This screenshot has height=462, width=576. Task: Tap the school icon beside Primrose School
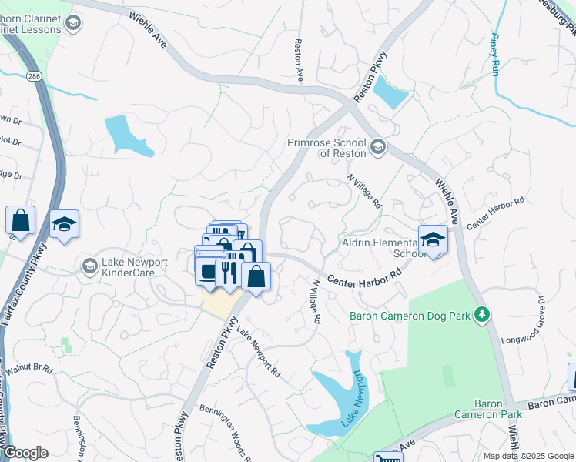click(378, 146)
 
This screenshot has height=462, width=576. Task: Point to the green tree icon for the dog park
click(482, 314)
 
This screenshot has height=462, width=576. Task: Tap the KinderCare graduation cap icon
click(89, 266)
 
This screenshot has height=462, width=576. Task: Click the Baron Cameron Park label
click(498, 409)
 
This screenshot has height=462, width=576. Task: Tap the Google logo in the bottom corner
click(25, 453)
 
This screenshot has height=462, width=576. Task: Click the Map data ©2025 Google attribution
click(527, 456)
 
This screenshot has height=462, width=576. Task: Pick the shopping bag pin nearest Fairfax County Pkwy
click(20, 220)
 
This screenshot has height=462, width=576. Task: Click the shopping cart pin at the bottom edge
click(387, 457)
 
